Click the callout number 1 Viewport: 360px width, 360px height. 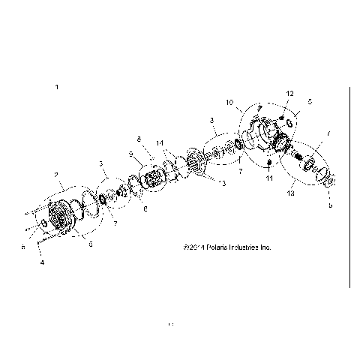pyautogui.click(x=56, y=88)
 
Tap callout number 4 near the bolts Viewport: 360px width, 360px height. pyautogui.click(x=42, y=262)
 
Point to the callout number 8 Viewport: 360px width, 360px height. pyautogui.click(x=139, y=139)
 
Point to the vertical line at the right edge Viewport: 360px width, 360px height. pyautogui.click(x=350, y=187)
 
